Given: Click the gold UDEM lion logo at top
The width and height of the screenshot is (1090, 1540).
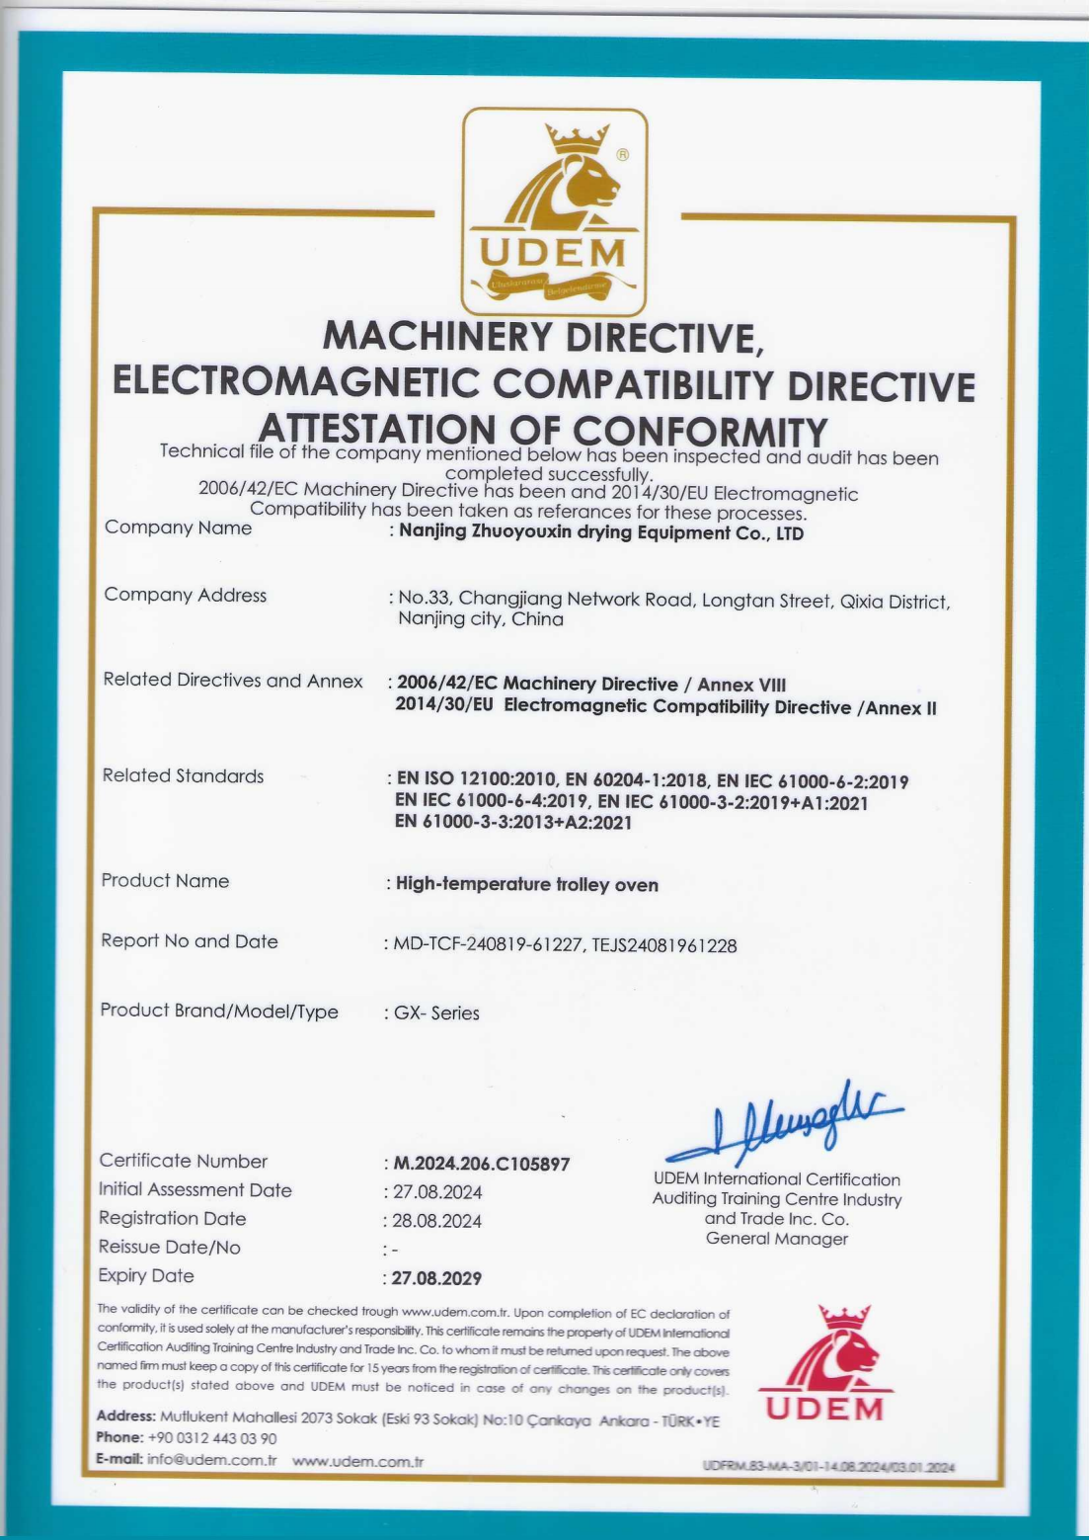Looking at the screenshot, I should tap(555, 211).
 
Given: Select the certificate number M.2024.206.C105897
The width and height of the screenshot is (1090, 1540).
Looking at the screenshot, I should tap(482, 1164).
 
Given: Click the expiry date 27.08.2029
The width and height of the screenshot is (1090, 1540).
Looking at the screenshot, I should tap(436, 1278).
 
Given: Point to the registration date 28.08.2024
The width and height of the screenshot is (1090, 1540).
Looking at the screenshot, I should tap(437, 1221).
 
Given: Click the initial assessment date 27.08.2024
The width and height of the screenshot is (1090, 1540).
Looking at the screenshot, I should tap(437, 1192).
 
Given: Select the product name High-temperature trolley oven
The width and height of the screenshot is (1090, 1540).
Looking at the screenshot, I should tap(526, 884).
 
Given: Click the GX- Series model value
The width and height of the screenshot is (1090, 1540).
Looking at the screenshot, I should tap(436, 1013).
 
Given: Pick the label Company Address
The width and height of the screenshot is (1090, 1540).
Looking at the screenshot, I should tap(186, 595).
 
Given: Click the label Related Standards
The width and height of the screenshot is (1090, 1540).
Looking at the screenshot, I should tap(184, 775).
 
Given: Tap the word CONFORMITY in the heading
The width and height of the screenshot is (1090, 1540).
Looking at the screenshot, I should tap(700, 432).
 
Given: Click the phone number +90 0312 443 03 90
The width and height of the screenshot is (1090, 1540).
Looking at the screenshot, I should tap(211, 1438).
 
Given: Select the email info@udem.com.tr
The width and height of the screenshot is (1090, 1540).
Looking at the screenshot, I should tap(211, 1460).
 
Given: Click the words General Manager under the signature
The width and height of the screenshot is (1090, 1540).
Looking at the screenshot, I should tap(777, 1239).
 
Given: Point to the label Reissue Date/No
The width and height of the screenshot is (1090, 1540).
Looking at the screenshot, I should tap(170, 1248).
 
